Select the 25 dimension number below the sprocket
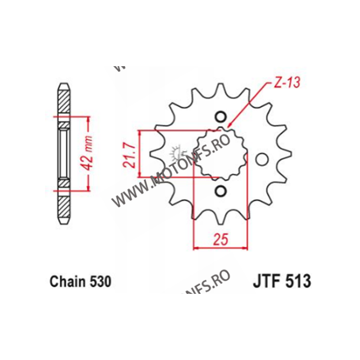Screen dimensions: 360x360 coord(220,239)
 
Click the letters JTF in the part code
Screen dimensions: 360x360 coord(263,282)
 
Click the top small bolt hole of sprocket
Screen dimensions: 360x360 coord(220,117)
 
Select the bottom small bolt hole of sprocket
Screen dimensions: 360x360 coord(220,192)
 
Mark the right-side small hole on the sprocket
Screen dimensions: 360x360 coord(260,159)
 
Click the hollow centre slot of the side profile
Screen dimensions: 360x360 coord(63,153)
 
